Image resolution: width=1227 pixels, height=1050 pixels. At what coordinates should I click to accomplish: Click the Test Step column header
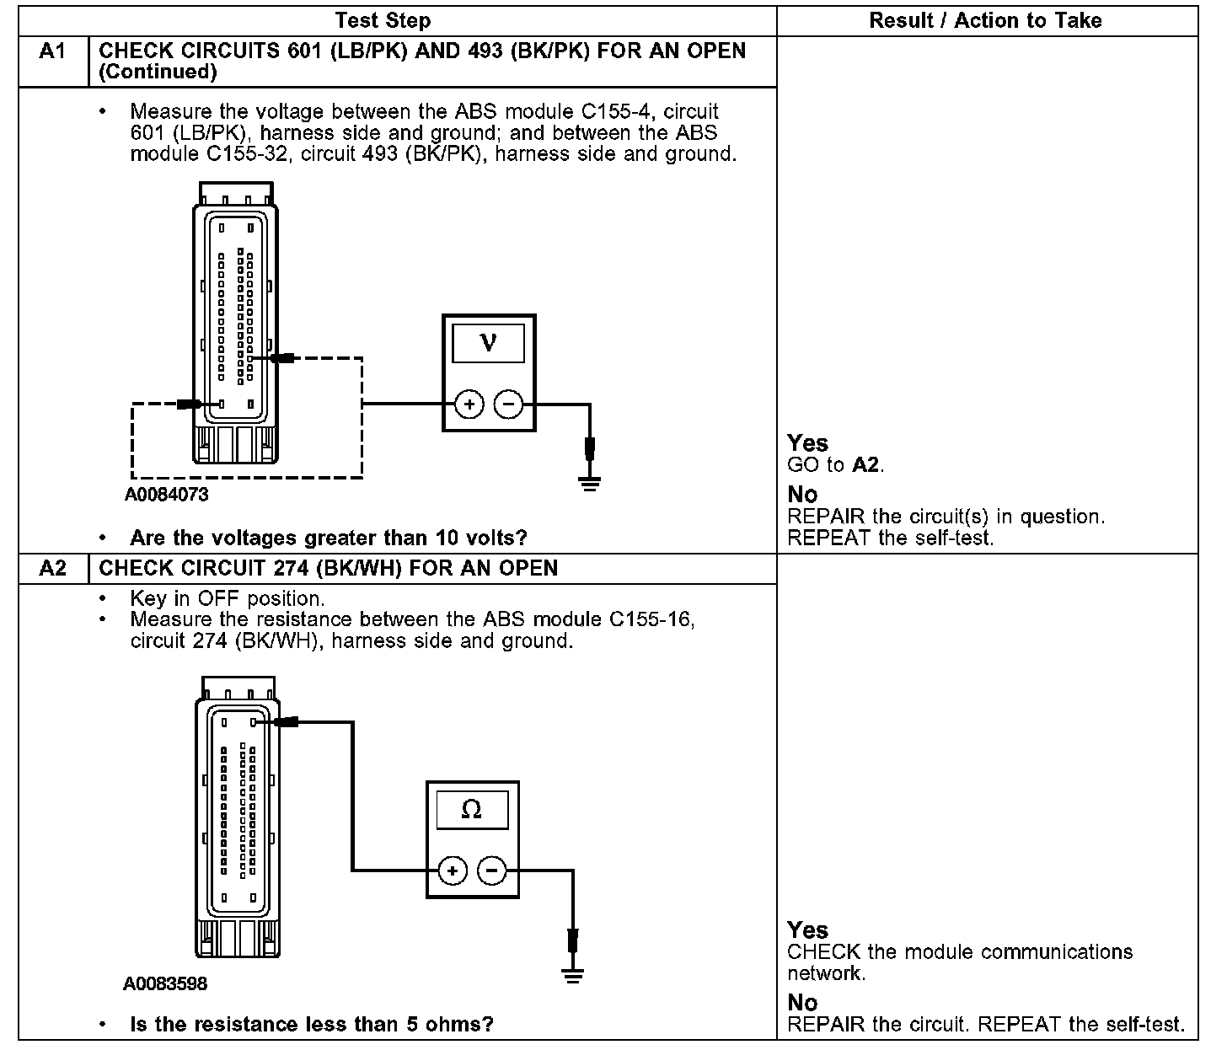383,20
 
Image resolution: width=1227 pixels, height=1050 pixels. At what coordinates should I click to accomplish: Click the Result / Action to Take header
985,20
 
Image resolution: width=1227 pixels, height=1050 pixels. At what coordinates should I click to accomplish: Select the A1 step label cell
52,51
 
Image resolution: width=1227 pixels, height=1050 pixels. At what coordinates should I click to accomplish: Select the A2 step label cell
52,568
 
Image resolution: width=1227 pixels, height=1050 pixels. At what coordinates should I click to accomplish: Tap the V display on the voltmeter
488,342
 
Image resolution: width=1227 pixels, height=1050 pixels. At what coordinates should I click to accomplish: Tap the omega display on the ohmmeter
472,809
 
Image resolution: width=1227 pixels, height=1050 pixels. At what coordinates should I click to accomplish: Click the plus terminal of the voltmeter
469,405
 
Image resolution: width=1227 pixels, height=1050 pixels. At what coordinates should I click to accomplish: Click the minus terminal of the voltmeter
507,405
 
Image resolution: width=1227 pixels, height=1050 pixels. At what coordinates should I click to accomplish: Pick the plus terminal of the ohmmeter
453,871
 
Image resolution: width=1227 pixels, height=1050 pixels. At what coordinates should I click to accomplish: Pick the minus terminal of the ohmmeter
492,871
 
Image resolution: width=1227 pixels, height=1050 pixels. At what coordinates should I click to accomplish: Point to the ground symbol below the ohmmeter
573,976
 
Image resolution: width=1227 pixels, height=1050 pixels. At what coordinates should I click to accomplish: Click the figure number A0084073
166,495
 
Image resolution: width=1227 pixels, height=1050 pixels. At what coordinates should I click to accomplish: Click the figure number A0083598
165,983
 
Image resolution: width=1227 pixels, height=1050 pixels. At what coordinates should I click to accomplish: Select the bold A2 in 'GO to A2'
866,464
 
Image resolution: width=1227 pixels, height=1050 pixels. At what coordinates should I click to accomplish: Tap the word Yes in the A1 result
807,443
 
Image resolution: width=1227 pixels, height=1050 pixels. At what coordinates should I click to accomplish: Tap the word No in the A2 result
802,1003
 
